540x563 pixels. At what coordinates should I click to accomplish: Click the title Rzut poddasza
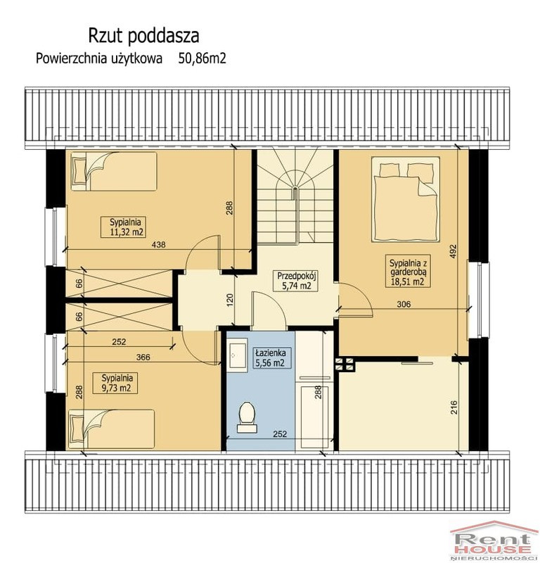(x=143, y=36)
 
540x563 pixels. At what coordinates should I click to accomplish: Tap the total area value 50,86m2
(x=202, y=58)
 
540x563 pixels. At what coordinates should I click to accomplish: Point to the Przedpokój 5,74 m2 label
(x=294, y=281)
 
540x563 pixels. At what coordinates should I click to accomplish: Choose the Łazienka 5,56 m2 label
(x=269, y=358)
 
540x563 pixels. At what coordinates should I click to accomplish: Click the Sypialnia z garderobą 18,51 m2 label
(x=408, y=271)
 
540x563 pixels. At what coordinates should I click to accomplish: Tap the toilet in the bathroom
(x=247, y=417)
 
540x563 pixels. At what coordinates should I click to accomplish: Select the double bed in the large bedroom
(x=406, y=199)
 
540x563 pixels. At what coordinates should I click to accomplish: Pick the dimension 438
(x=158, y=244)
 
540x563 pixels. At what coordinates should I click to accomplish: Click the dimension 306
(x=404, y=304)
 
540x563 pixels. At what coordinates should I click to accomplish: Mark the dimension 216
(x=454, y=407)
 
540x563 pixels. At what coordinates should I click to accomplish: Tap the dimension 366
(x=143, y=357)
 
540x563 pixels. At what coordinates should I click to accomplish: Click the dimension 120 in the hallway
(x=230, y=301)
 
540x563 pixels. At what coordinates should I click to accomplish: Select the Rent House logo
(x=494, y=542)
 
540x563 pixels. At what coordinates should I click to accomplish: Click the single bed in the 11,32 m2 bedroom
(x=114, y=171)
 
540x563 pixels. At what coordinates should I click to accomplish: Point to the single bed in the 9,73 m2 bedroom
(x=111, y=429)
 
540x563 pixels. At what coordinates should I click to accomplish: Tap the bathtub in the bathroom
(x=314, y=417)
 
